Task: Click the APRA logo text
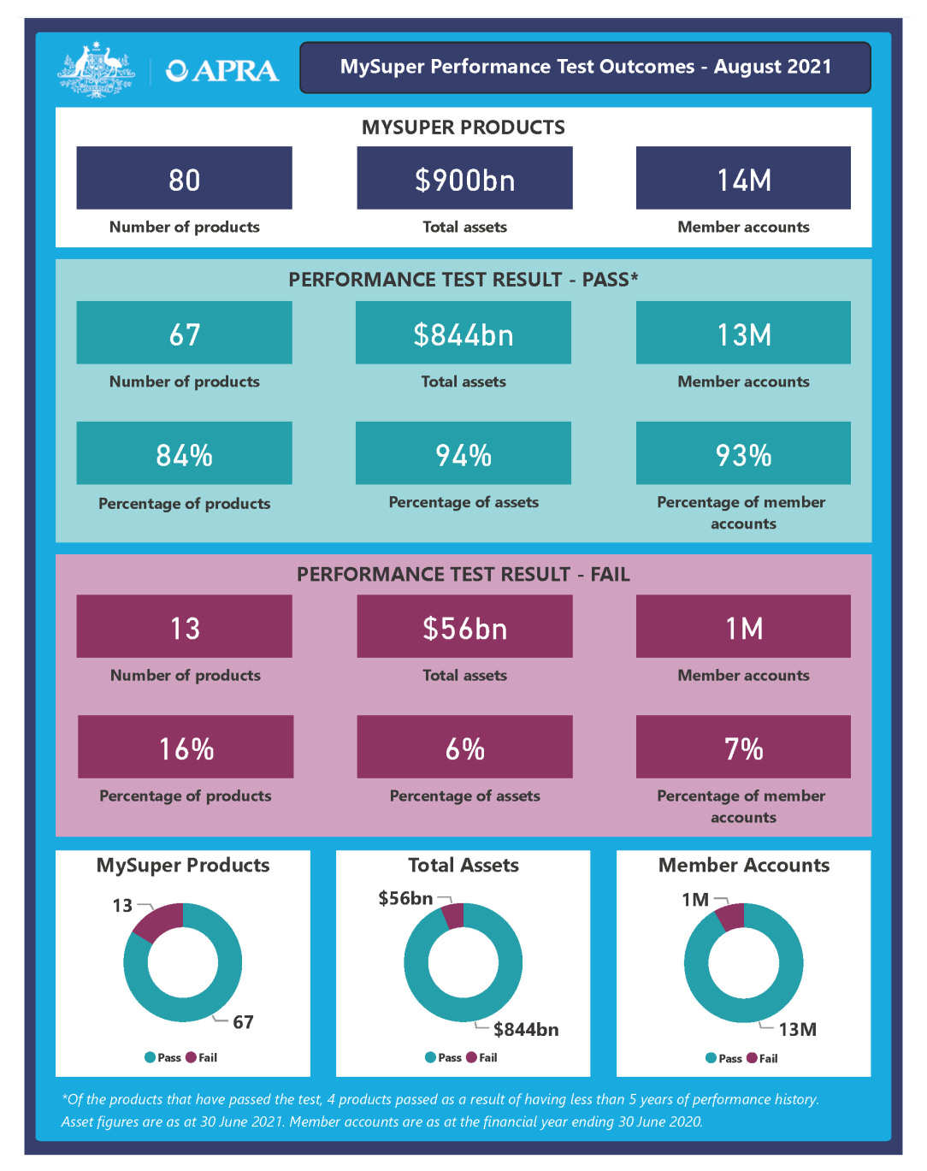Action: (223, 70)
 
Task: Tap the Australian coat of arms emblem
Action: (96, 68)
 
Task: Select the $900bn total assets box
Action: (464, 178)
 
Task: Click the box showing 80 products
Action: (184, 178)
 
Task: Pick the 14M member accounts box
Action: (743, 178)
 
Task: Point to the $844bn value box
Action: (463, 333)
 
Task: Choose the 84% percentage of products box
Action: (184, 453)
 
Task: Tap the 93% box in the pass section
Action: (743, 453)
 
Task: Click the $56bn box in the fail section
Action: (464, 627)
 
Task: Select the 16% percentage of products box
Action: (186, 747)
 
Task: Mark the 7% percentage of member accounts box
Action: (743, 747)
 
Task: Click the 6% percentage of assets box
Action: (464, 747)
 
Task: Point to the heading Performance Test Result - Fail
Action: (463, 574)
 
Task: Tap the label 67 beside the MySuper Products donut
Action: (243, 1022)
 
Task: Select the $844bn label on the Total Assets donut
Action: (526, 1029)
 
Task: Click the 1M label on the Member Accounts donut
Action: (694, 900)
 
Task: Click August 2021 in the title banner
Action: (772, 67)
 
